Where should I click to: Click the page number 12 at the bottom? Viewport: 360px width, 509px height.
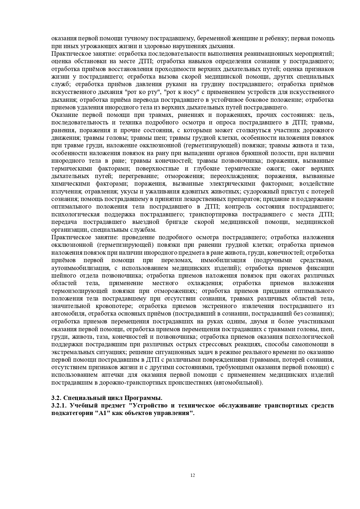[193, 475]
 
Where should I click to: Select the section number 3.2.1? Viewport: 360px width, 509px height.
[59, 405]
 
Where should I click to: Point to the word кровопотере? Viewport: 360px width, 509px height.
[114, 306]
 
